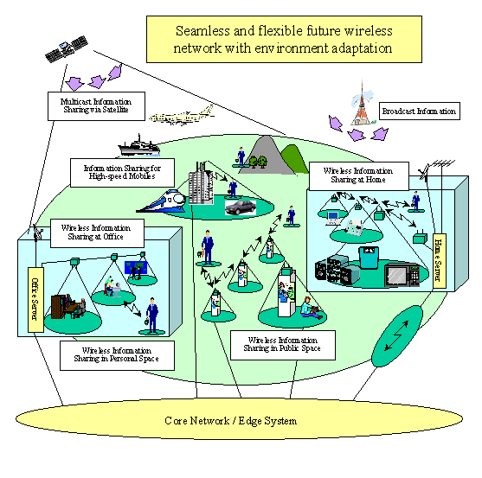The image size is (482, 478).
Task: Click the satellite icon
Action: point(67,49)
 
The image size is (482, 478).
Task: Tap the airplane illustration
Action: point(182,116)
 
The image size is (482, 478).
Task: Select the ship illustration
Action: point(139,145)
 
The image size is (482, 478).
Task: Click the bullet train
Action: point(161,201)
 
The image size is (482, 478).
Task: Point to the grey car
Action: point(241,207)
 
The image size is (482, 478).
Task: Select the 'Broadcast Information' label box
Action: point(420,112)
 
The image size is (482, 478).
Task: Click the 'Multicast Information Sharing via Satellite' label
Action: point(96,106)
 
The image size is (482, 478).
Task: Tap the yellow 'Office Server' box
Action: point(35,299)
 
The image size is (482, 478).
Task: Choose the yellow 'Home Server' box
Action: point(440,261)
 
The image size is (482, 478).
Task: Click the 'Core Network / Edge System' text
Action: point(231,421)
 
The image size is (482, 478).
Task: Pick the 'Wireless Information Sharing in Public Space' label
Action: point(283,345)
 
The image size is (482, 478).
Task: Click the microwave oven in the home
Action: point(402,275)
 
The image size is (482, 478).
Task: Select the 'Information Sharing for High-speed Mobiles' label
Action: point(122,173)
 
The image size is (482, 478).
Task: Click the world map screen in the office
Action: point(136,267)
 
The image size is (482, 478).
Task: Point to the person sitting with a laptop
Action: point(310,309)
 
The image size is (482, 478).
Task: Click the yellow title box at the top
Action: point(284,39)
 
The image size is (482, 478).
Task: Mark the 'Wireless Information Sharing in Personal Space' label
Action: point(117,355)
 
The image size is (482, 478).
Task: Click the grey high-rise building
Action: point(201,184)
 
